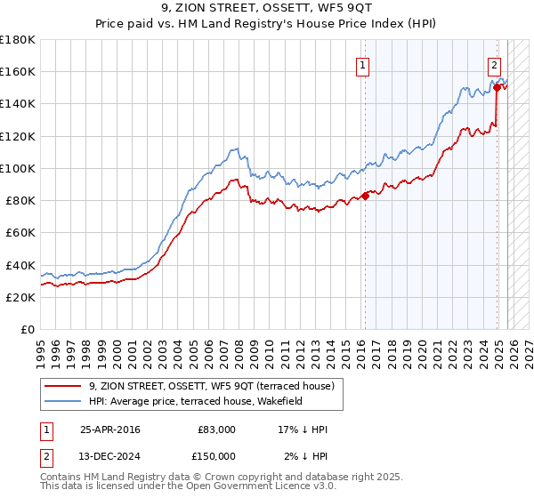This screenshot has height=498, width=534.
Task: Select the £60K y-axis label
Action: [20, 233]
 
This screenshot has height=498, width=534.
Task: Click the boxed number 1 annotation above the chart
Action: [363, 64]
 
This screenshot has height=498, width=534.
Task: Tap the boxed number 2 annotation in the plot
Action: [494, 64]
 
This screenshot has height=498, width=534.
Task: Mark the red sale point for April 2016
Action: [365, 196]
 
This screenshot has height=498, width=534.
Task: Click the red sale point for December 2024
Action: [497, 87]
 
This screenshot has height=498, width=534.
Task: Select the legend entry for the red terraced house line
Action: [211, 386]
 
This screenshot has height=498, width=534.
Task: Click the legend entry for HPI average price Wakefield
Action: [196, 401]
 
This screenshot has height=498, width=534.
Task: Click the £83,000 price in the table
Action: [216, 430]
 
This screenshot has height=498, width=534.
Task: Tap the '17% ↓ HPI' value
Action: [303, 430]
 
